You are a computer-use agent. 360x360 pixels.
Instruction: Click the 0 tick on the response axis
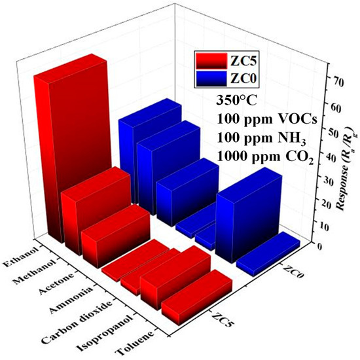click(319, 246)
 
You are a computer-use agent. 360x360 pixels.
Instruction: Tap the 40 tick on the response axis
click(319, 157)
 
